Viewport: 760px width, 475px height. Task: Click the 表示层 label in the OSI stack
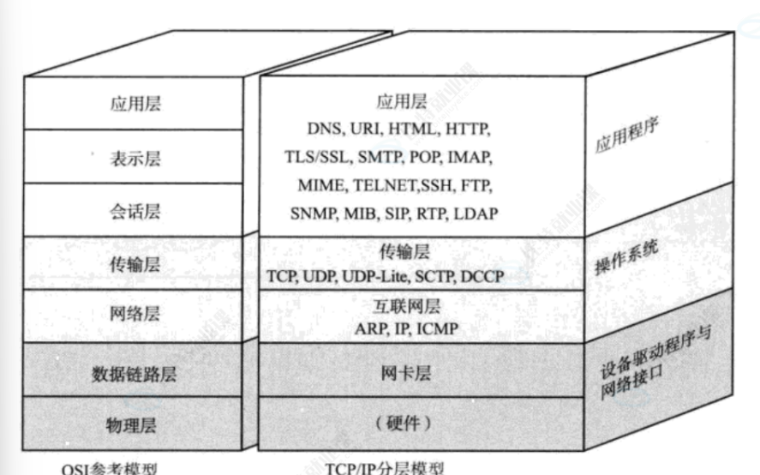pyautogui.click(x=135, y=159)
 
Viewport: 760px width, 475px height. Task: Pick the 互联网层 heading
pyautogui.click(x=403, y=306)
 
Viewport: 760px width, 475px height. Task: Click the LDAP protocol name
pyautogui.click(x=477, y=213)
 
